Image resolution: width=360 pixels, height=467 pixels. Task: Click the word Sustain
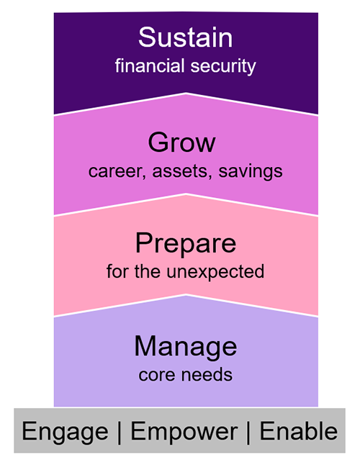point(186,37)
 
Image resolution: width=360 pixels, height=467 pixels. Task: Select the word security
point(221,66)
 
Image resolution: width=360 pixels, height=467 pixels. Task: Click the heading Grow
point(181,142)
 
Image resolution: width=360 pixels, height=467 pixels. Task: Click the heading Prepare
point(186,243)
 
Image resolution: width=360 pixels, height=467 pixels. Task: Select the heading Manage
point(186,347)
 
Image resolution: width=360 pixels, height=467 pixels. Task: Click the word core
point(155,375)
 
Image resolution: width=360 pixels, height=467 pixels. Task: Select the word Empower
point(184,431)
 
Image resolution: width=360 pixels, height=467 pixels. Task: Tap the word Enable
point(298,431)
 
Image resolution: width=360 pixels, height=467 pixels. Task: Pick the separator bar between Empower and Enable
point(249,431)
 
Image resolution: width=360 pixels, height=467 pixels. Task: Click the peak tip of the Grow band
point(186,94)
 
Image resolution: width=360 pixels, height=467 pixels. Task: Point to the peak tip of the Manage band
point(186,295)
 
